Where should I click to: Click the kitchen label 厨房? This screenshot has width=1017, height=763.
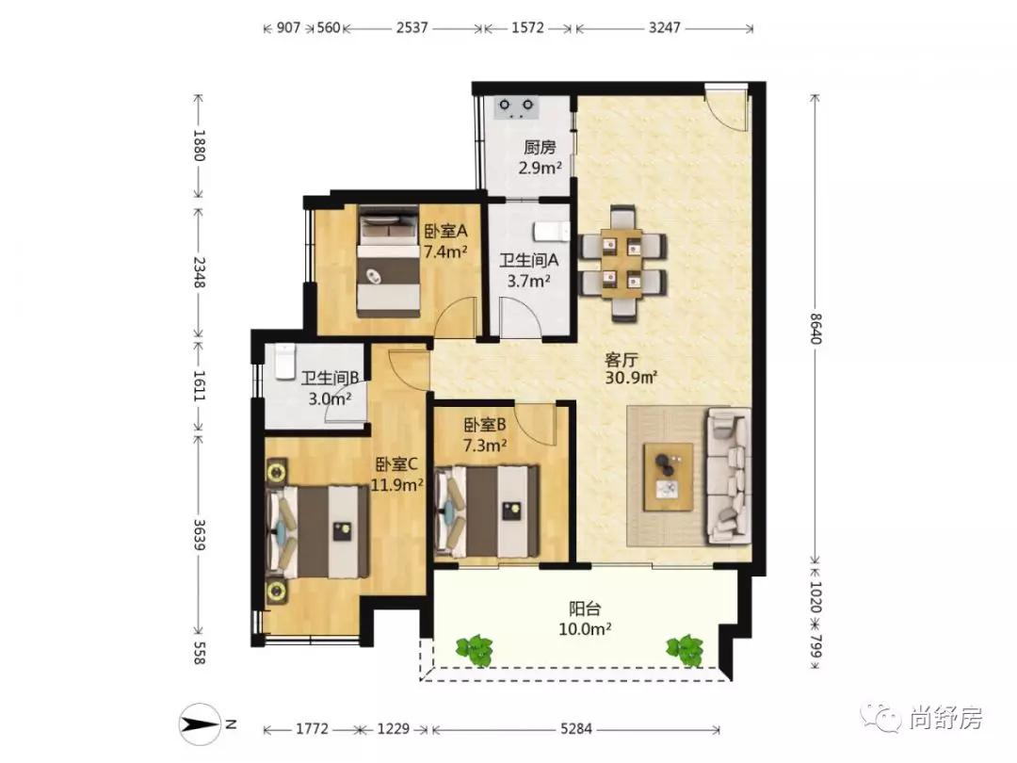[x=540, y=147]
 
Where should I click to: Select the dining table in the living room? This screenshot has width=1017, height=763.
[x=622, y=264]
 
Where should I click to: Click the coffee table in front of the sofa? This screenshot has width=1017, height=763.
[x=668, y=477]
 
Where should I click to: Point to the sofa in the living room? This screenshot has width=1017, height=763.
[x=729, y=476]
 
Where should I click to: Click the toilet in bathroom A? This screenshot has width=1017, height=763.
[x=551, y=232]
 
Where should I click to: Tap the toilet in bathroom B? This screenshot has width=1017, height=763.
[x=285, y=362]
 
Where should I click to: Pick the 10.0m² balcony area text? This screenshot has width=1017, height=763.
[x=585, y=628]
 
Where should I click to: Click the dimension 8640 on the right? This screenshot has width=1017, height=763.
[x=815, y=329]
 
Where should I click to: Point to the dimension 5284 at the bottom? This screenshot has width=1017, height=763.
[x=576, y=729]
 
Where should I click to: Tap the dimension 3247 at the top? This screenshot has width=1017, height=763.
[x=664, y=27]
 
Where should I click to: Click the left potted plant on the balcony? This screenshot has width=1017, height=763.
[x=476, y=649]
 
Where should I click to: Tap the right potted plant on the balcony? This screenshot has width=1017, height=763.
[x=685, y=649]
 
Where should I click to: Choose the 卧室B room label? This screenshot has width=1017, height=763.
[x=485, y=425]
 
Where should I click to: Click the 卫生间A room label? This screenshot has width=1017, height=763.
[x=528, y=260]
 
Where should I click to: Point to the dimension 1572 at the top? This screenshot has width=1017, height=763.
[x=527, y=27]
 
